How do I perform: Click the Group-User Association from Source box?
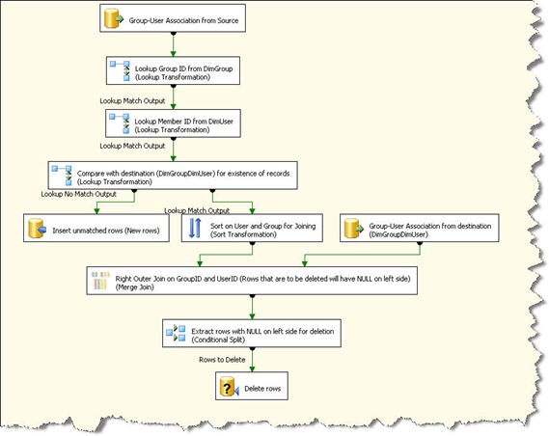[x=173, y=18]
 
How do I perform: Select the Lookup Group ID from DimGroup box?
[x=173, y=70]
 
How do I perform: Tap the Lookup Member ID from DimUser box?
[x=173, y=123]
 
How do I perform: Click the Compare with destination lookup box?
[x=173, y=176]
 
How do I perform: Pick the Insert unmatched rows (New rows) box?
[x=96, y=229]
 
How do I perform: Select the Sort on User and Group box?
[x=252, y=229]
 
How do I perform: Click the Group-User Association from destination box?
[x=420, y=229]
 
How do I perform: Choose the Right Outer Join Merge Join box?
[x=252, y=281]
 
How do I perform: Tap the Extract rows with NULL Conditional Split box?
[x=252, y=333]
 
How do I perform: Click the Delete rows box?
[x=252, y=386]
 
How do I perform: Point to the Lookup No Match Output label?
[x=79, y=194]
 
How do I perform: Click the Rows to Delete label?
[x=222, y=360]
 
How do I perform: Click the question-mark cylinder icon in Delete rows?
[x=229, y=387]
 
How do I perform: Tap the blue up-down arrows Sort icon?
[x=195, y=229]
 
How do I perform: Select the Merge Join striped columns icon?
[x=100, y=281]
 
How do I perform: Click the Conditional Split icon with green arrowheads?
[x=176, y=333]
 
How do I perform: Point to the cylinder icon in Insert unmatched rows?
[x=37, y=229]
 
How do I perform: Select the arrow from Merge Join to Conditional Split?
[x=252, y=307]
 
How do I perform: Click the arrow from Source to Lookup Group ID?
[x=173, y=44]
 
